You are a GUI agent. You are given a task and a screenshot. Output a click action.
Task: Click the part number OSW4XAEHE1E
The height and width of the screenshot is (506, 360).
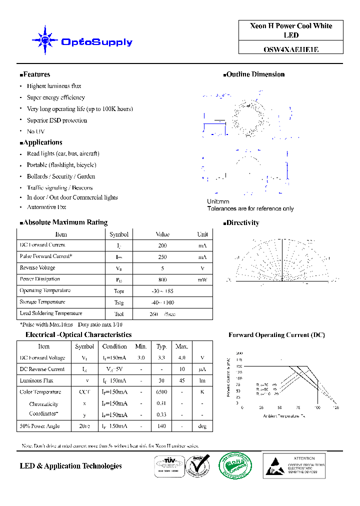tap(291, 49)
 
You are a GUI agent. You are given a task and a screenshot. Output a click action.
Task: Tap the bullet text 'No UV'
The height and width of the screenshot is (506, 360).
tap(35, 131)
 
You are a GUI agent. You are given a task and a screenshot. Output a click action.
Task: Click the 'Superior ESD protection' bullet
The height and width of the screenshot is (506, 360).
tap(56, 120)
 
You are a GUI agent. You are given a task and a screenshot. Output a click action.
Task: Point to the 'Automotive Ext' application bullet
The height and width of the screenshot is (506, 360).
tap(46, 207)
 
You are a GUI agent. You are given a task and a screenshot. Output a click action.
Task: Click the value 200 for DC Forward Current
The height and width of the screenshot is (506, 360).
tap(162, 246)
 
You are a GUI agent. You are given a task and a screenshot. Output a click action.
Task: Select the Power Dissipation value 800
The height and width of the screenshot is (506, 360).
tap(162, 280)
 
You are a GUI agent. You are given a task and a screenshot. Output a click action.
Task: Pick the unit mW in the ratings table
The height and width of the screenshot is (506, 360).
tap(202, 280)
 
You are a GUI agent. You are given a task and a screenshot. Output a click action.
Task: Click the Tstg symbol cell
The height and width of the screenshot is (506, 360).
tap(119, 302)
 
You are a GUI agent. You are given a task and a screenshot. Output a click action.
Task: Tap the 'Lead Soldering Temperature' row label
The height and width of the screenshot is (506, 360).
tap(51, 313)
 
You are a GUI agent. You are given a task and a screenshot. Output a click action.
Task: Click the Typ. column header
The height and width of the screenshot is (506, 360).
tap(161, 346)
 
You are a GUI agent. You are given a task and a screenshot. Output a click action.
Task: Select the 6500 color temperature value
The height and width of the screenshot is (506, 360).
tap(161, 392)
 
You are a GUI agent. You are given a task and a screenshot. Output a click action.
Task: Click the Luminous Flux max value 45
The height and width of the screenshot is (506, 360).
tap(181, 381)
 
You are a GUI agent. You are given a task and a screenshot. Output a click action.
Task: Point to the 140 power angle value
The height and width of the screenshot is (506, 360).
tap(161, 426)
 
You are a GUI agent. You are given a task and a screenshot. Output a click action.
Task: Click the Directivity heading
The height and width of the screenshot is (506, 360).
tap(242, 223)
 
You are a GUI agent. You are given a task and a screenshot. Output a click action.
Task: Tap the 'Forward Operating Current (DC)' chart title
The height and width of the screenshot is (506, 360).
tap(276, 335)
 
